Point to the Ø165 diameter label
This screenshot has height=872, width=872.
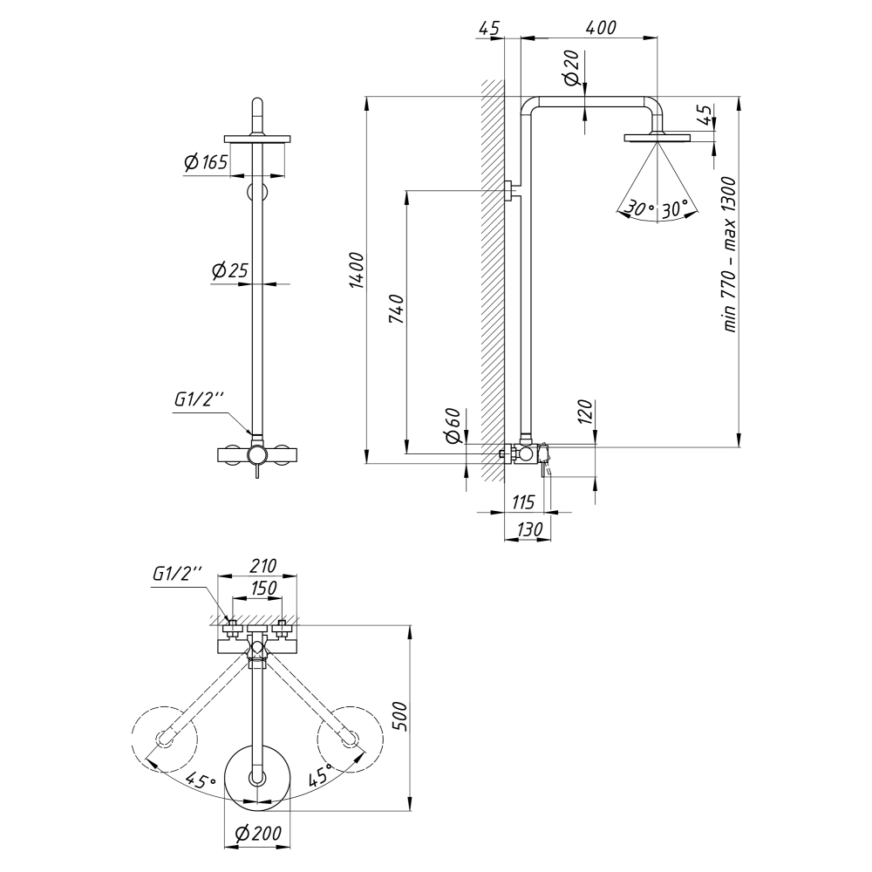[206, 162]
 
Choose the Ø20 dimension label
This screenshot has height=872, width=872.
[573, 67]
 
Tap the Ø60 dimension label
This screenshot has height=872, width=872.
[452, 425]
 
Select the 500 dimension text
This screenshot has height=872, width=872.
[399, 716]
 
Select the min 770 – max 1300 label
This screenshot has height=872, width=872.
[730, 254]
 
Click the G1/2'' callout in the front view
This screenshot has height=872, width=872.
[198, 400]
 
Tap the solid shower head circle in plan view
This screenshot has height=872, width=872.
[257, 776]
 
